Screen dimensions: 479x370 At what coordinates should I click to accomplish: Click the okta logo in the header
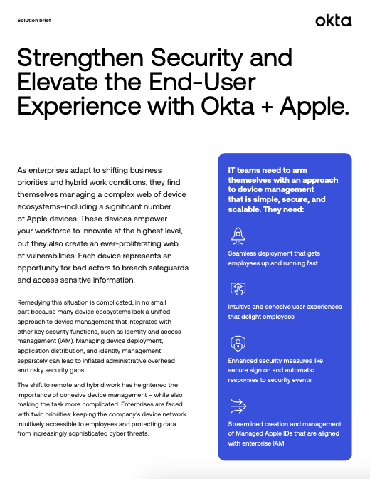333,20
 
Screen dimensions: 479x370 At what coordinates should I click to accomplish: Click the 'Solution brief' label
33,20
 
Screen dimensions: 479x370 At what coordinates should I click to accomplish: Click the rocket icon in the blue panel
237,236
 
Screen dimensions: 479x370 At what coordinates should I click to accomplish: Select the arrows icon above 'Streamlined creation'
237,406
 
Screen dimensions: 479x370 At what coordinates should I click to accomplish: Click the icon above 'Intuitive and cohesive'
237,289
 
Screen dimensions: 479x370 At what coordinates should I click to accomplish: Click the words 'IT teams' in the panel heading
243,170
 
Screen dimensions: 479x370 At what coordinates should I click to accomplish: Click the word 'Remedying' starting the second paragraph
33,303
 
